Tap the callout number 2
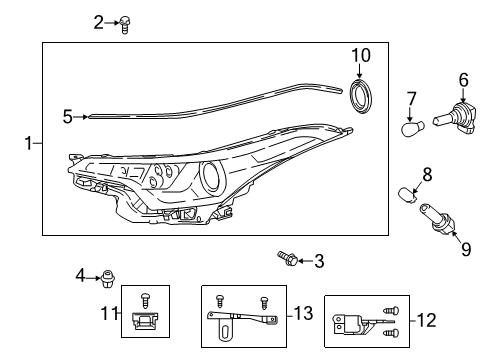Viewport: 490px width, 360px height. click(98, 21)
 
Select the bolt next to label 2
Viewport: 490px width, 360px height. click(127, 24)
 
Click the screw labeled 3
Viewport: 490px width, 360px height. click(288, 260)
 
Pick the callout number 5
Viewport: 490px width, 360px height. click(67, 116)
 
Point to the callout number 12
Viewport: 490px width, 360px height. click(426, 320)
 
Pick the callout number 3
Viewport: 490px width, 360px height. click(318, 262)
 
